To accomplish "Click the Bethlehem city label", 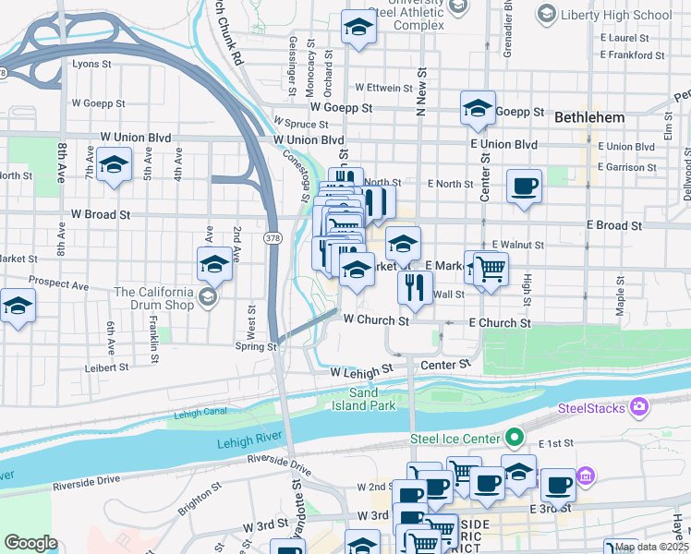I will tap(589, 118).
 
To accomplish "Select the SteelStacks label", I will tap(591, 407).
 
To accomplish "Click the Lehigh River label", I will tap(249, 443).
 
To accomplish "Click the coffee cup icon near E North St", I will tap(524, 187).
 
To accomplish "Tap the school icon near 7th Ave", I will tap(113, 167).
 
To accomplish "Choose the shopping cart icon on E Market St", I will tap(491, 270).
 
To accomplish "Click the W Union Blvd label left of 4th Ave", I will tap(136, 138).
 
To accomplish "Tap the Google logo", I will tap(30, 543).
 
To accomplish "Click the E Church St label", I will tap(499, 323).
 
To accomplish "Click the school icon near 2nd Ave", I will tap(214, 265).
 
